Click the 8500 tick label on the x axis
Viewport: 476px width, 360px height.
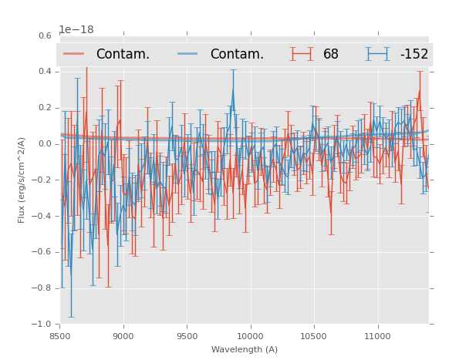[60, 336]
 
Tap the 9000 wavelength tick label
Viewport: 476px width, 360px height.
[123, 336]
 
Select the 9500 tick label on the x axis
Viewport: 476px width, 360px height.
[187, 336]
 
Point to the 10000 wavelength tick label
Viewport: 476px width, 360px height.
[250, 336]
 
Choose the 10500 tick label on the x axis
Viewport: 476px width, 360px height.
[314, 336]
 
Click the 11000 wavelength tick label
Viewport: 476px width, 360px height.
[377, 336]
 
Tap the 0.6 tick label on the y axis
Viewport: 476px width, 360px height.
[45, 35]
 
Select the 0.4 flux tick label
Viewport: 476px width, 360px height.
[45, 72]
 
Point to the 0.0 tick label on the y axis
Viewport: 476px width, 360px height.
[45, 143]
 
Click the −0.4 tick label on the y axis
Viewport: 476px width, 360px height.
[43, 216]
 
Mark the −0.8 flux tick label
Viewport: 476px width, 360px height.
[43, 288]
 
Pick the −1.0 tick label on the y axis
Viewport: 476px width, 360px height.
[43, 325]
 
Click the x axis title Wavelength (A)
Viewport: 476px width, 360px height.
[245, 349]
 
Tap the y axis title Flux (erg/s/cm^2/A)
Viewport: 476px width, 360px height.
[22, 180]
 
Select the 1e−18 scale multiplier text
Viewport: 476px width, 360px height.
[76, 30]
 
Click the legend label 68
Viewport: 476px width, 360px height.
[331, 55]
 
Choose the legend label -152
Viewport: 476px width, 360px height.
[414, 55]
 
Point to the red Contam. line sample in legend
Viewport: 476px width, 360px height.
[74, 54]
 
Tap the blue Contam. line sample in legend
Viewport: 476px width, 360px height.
[188, 54]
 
